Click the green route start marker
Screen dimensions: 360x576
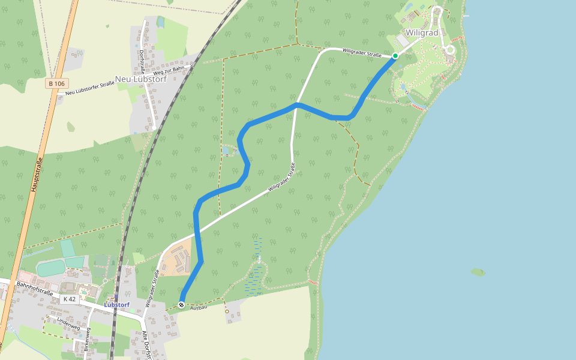(395, 56)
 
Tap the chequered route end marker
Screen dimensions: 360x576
(181, 305)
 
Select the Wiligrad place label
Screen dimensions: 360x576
(422, 32)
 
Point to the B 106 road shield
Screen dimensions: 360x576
(57, 83)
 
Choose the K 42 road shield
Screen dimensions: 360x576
(70, 299)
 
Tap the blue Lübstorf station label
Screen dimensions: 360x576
(116, 305)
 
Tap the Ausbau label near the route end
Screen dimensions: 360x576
(199, 307)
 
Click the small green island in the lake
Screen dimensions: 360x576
(478, 272)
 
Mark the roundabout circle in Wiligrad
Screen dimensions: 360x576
(449, 50)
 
